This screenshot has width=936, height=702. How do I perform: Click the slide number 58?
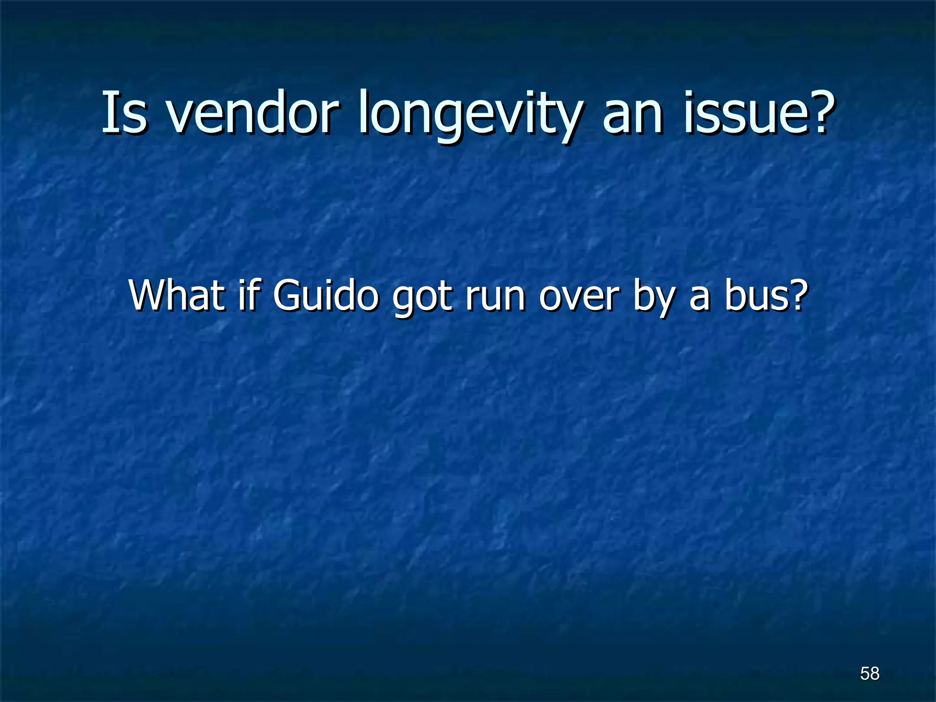point(869,674)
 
